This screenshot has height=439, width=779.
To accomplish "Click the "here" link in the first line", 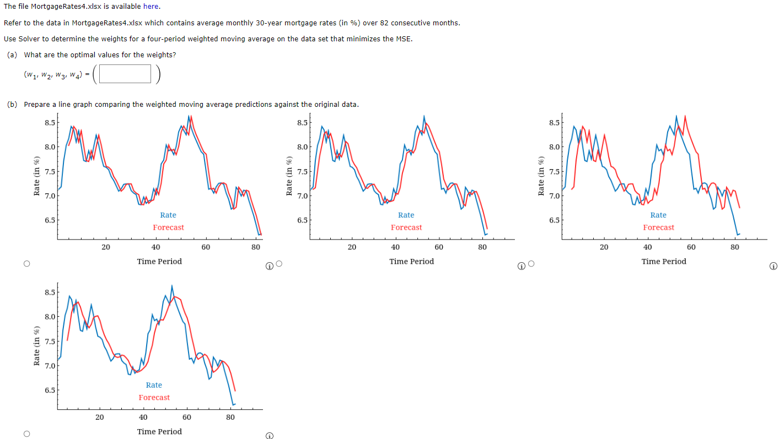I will (151, 7).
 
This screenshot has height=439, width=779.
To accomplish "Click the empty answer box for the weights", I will (125, 74).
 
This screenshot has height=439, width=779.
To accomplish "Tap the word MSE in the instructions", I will (404, 39).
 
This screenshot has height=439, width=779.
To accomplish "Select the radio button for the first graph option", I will (26, 264).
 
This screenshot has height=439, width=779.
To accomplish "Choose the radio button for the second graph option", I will (279, 264).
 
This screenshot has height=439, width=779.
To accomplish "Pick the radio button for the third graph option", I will (531, 264).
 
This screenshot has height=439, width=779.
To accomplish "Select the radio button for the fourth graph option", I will (26, 434).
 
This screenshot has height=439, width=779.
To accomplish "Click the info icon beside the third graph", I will (773, 266).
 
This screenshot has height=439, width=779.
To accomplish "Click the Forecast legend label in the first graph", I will (169, 227).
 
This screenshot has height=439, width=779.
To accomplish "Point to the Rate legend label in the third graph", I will (658, 215).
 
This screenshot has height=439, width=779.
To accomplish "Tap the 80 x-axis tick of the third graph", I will (735, 247).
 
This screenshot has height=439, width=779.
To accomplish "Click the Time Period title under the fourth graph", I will (159, 432).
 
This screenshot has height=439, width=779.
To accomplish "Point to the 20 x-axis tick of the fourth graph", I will (99, 418).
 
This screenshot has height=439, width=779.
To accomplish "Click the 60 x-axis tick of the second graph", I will (439, 247).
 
